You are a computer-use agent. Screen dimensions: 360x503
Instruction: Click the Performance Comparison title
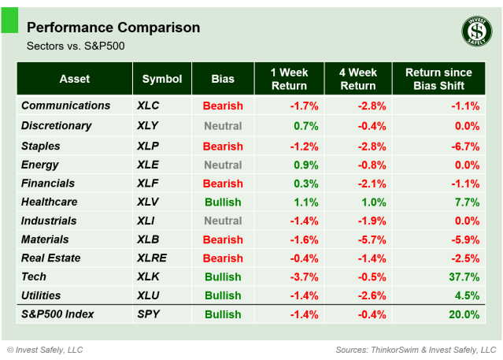(113, 28)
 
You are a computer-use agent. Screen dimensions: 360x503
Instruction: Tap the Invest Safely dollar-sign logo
(474, 32)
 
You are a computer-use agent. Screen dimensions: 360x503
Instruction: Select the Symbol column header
(162, 79)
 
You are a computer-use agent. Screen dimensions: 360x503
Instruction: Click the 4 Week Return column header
(357, 79)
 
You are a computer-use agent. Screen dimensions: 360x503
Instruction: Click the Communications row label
(65, 106)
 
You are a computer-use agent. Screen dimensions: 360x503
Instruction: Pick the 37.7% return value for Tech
(463, 276)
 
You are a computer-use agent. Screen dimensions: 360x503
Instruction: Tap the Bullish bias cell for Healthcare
(223, 201)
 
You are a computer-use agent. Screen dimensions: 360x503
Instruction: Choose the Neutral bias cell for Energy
(223, 165)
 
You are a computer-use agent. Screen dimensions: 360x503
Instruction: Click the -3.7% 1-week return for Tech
(304, 276)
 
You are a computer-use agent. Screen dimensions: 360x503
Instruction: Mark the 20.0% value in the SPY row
(463, 314)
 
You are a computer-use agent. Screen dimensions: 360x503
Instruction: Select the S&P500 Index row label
(57, 314)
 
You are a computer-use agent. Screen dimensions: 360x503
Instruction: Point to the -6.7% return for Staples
(464, 146)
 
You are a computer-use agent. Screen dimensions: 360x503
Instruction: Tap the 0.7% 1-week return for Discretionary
(305, 125)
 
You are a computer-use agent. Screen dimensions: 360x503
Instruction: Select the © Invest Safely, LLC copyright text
(45, 349)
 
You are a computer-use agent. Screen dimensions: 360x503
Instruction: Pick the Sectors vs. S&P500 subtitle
(76, 46)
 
